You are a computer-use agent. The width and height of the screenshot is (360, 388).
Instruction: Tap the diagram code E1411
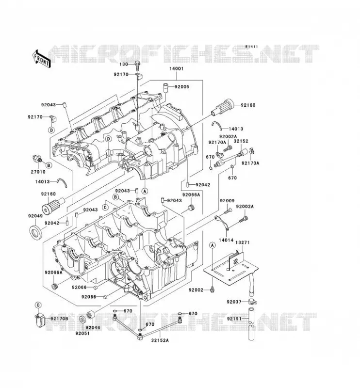point(251,47)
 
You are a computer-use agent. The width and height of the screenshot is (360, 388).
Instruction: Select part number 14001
point(176,68)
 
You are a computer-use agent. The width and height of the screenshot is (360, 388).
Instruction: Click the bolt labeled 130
point(137,65)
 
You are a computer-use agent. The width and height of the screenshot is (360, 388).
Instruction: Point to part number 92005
point(182,87)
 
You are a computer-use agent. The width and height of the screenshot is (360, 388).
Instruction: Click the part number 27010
point(38,172)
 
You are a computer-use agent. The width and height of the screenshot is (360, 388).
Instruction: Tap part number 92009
point(227,201)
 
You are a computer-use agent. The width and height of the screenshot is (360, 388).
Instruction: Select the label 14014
point(226,240)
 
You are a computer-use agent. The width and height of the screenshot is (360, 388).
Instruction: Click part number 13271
point(243,242)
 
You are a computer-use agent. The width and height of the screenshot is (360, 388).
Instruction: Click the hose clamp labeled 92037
point(252,302)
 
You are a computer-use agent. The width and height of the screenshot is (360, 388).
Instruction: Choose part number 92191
point(234,319)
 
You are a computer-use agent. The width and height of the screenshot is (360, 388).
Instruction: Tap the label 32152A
point(160,340)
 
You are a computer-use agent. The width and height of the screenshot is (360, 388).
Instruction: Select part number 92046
point(93,328)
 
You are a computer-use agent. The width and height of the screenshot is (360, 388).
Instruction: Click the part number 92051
point(82,333)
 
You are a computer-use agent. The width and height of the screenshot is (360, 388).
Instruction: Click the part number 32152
point(241,141)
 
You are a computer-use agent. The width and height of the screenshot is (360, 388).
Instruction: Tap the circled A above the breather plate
point(212,245)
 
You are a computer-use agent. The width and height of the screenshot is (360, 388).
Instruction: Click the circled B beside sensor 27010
point(49,165)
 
